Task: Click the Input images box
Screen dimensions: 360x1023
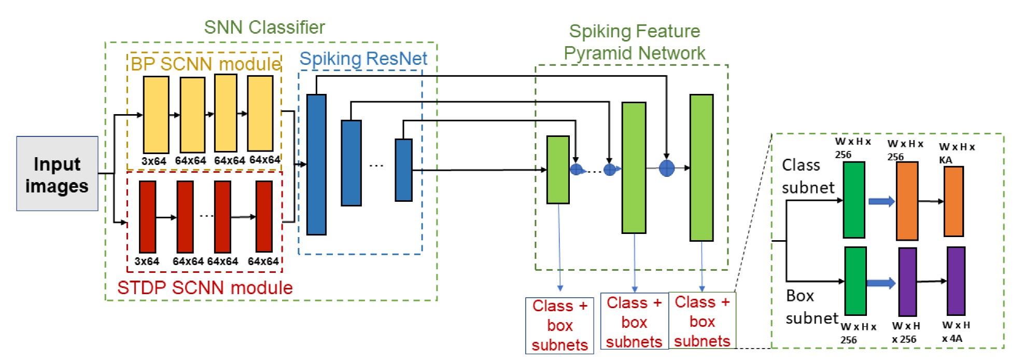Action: click(57, 174)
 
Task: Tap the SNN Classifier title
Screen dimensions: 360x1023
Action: click(264, 27)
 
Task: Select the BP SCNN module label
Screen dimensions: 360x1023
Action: click(205, 64)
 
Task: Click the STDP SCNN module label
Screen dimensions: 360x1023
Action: click(205, 287)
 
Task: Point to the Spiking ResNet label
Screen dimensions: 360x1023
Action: click(363, 59)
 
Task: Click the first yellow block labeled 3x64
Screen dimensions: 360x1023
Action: click(156, 115)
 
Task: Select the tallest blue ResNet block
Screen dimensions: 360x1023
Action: click(316, 164)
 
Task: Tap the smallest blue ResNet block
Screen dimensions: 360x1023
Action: click(403, 170)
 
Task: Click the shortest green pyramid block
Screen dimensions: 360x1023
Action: click(558, 170)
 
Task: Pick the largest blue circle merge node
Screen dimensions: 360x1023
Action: click(666, 168)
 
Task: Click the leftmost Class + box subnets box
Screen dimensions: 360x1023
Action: click(559, 325)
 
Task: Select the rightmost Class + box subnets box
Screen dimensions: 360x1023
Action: click(702, 321)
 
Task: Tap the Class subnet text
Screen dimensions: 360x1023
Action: click(807, 176)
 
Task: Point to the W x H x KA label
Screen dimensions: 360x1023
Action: click(956, 153)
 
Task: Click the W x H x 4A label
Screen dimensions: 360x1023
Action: click(955, 331)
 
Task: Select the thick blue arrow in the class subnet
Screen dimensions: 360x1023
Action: click(881, 201)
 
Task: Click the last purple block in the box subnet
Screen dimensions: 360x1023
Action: click(956, 281)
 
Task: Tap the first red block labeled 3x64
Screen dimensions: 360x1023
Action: click(147, 217)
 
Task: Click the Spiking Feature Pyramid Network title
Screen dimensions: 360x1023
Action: click(634, 42)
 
